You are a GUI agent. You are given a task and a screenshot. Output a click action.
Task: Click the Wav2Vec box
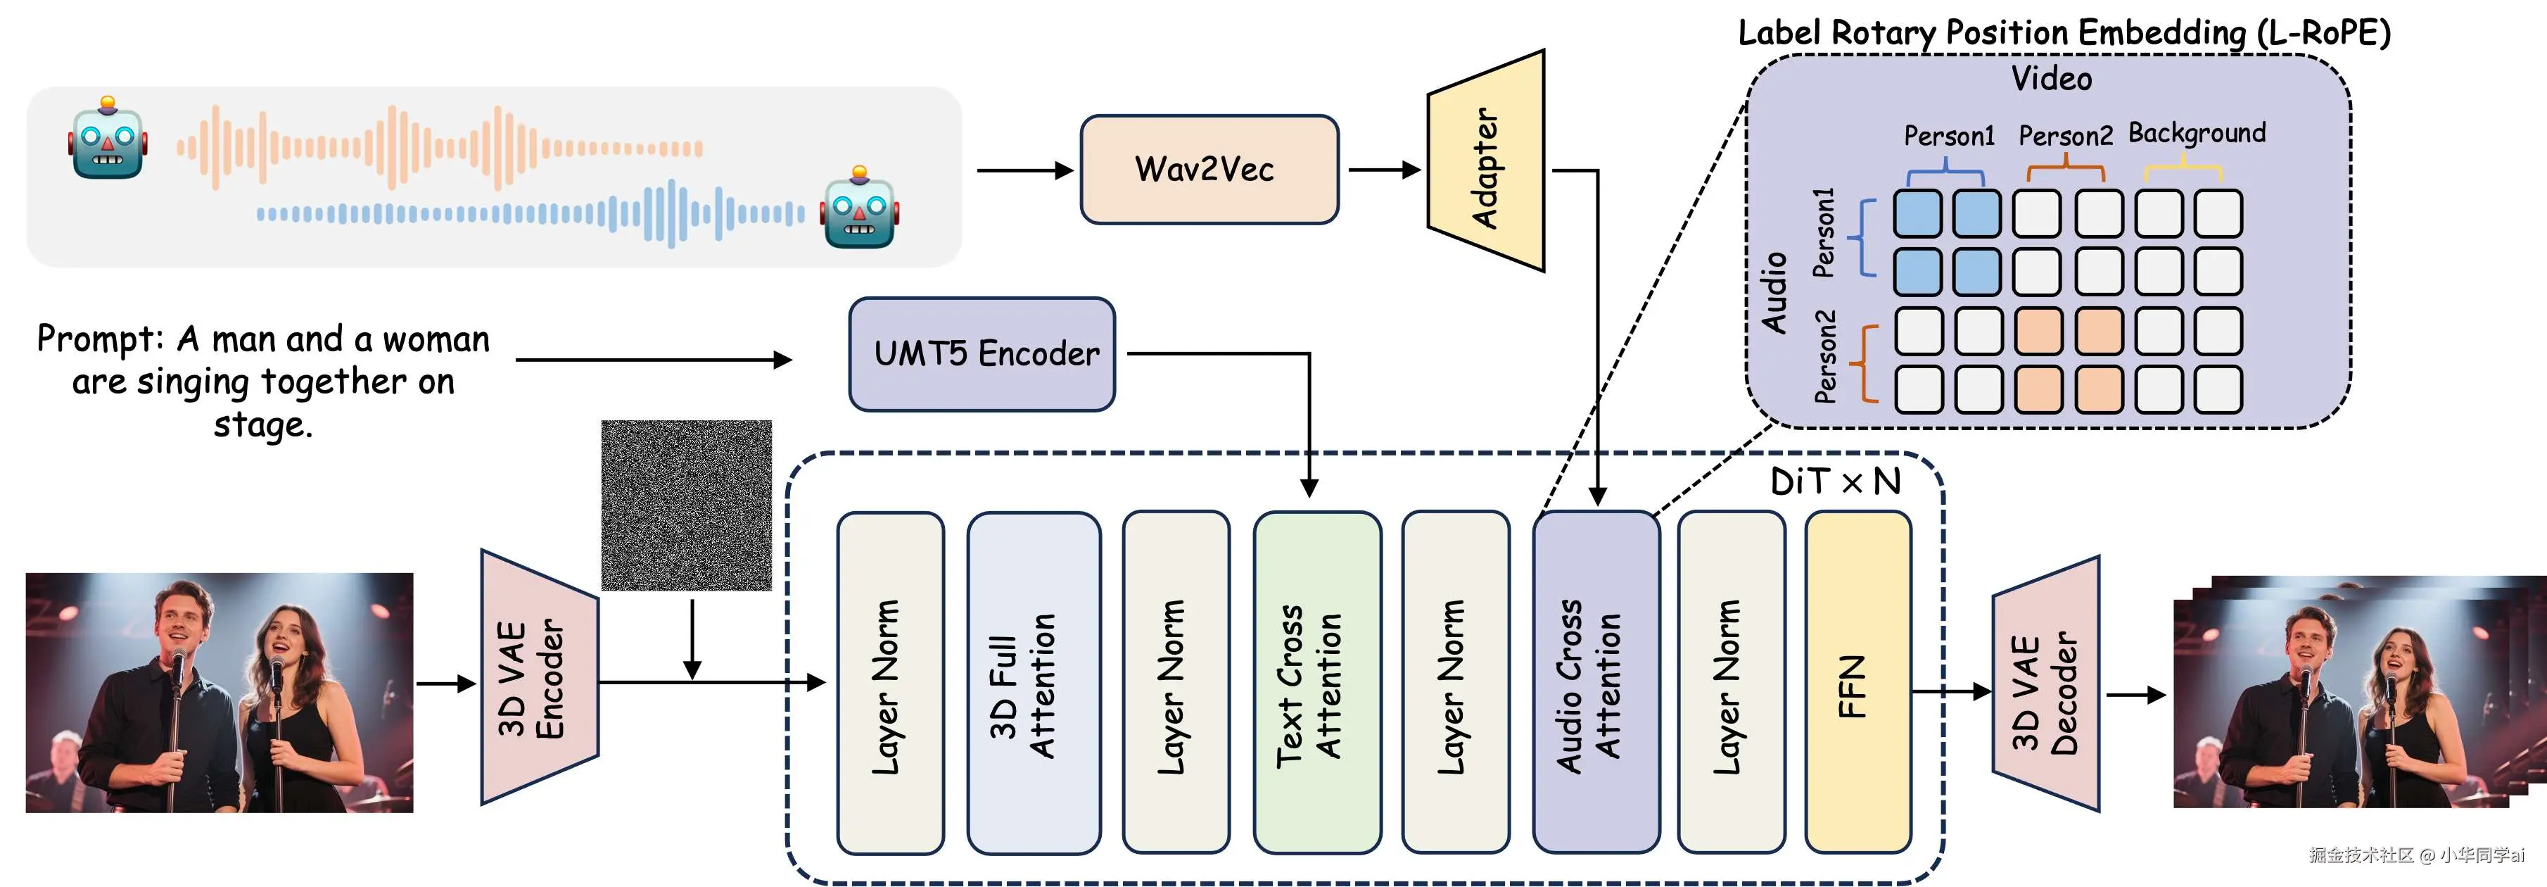pos(1208,169)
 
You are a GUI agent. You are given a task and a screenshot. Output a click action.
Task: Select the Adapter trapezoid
pos(1485,163)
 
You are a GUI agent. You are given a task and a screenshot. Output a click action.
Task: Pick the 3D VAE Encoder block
pos(538,679)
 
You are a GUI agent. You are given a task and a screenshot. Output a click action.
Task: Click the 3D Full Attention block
pos(1034,682)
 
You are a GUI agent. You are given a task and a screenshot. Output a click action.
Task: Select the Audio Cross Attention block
pos(1595,682)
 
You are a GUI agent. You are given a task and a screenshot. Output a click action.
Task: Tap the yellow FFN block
pos(1857,682)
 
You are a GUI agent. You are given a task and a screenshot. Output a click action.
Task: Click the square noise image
pos(686,505)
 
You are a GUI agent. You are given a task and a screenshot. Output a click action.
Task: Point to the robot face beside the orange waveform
pos(108,139)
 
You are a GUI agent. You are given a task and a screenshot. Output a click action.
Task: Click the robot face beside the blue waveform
pos(858,208)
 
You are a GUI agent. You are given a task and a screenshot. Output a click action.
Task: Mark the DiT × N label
pos(1835,482)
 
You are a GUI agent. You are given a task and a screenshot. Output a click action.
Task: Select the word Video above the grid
pos(2052,79)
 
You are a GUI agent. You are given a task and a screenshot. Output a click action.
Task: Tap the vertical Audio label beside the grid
pos(1774,293)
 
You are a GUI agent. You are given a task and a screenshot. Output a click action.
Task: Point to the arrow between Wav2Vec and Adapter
pos(1383,170)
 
